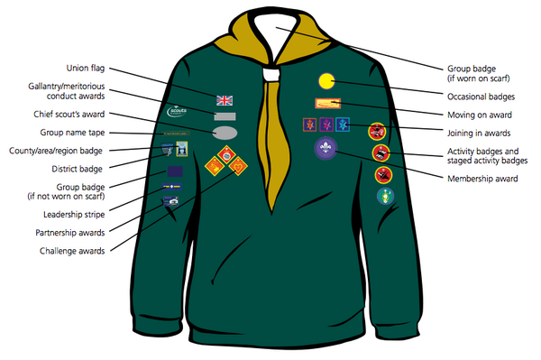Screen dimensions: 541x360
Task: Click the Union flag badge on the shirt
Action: tap(225, 99)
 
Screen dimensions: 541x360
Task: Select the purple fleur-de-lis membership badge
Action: tap(325, 148)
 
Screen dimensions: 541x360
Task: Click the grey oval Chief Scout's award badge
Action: tap(225, 133)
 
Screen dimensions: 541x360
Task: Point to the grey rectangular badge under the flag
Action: tap(225, 116)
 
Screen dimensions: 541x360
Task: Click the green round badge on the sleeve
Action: tap(384, 196)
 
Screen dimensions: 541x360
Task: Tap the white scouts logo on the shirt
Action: tap(178, 113)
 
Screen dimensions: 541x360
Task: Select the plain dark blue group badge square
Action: tap(174, 170)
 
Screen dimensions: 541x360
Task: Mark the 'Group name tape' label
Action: tap(76, 133)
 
